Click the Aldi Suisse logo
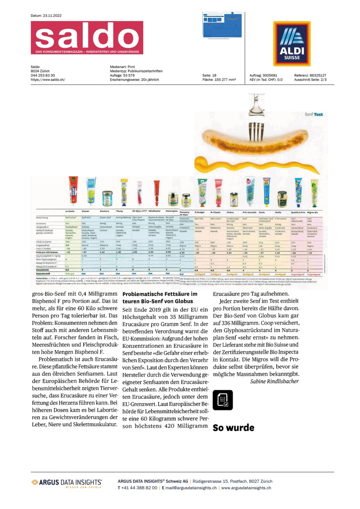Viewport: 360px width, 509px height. (x=292, y=43)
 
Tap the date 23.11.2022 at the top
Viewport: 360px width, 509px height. (x=52, y=16)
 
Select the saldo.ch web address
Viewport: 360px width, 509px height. (x=48, y=80)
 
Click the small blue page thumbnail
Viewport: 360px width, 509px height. (x=222, y=25)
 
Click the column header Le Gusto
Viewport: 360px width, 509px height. (x=70, y=211)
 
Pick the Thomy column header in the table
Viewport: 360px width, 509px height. (x=119, y=211)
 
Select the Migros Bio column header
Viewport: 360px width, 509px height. (x=312, y=212)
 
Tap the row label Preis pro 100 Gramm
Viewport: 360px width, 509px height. (x=47, y=252)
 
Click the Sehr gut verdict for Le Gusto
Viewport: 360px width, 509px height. (x=70, y=274)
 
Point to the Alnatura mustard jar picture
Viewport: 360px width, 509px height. (x=107, y=199)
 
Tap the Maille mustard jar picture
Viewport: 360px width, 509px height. (x=282, y=199)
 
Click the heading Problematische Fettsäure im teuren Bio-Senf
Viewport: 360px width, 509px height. (x=160, y=298)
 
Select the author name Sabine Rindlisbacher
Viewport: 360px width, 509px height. (x=274, y=381)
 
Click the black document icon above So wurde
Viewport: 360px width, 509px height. (x=223, y=400)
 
